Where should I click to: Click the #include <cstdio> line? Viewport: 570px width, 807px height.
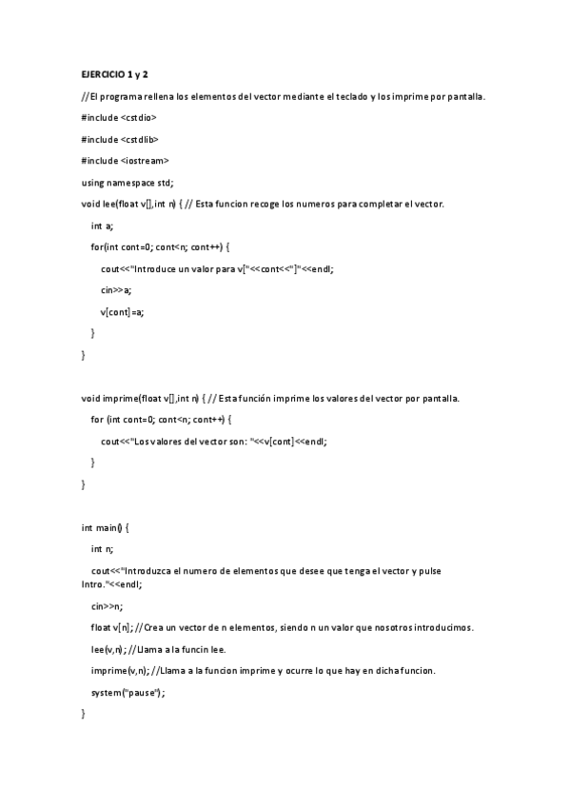pos(119,117)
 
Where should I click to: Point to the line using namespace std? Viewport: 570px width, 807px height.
pos(128,182)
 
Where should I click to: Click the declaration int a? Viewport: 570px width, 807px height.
pos(102,226)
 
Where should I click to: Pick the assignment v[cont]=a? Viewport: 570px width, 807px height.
pos(122,311)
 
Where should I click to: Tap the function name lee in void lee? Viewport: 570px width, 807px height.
pos(108,204)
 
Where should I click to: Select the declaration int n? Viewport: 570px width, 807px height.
pos(102,548)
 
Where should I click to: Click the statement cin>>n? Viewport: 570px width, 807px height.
pos(107,605)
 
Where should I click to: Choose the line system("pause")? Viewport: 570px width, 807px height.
pos(128,692)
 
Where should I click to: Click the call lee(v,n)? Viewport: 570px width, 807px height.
pos(110,649)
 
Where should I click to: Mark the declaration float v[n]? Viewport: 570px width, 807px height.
pos(111,627)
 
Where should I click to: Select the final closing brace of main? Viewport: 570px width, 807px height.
pos(84,713)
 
